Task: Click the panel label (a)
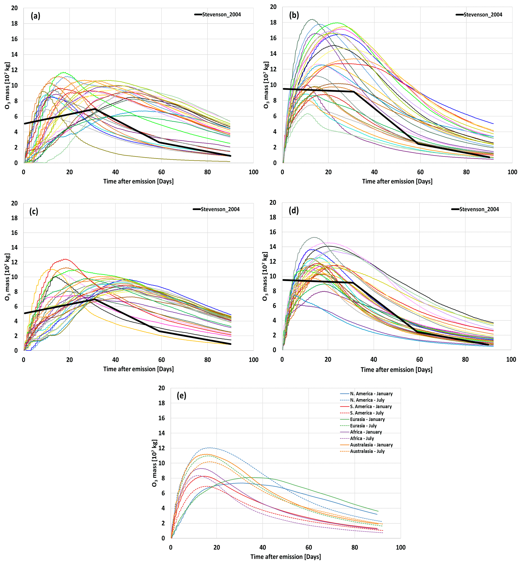coord(35,16)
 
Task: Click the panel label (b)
coord(294,15)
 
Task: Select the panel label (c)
coord(34,211)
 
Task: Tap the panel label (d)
coord(294,210)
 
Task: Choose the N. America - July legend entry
coord(367,400)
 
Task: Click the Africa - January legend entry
coord(366,432)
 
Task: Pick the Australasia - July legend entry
coord(367,451)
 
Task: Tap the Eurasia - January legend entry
coord(367,419)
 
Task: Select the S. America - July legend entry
coord(367,413)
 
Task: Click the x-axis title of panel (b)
coord(397,181)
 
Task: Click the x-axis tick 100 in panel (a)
coord(253,172)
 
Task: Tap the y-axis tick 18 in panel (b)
coord(273,23)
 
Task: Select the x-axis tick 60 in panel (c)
coord(161,360)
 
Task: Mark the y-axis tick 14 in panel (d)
coord(273,246)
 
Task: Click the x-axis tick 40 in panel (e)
coord(263,548)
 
